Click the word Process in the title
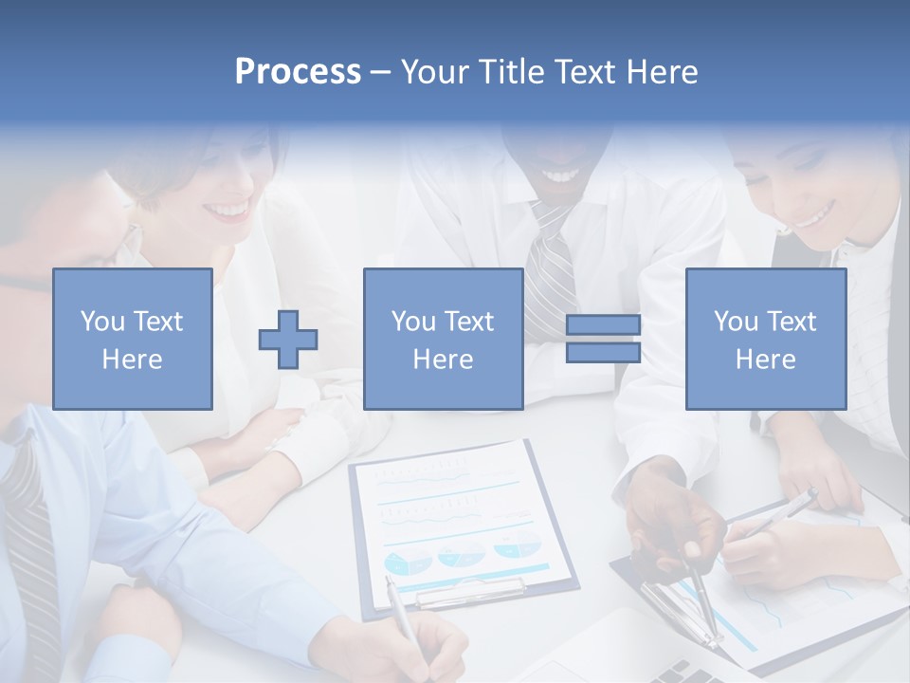[x=298, y=72]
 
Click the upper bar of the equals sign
[x=603, y=324]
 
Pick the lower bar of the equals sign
[x=603, y=352]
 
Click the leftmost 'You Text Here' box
[x=133, y=340]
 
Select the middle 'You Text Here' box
[x=444, y=340]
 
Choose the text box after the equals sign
[x=766, y=340]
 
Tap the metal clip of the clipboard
[x=471, y=593]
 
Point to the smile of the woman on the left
[x=228, y=209]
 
